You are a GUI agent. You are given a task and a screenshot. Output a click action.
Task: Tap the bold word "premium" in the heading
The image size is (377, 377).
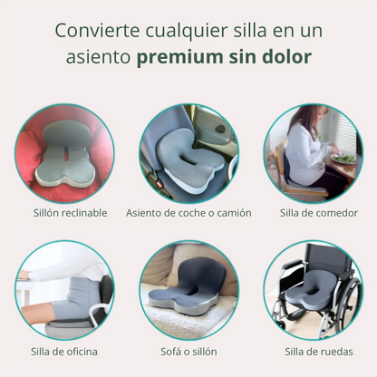tap(180, 57)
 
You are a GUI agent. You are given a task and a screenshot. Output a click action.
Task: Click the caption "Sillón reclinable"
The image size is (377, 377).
tap(71, 213)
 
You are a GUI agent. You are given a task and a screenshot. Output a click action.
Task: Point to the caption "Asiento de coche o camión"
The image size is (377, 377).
tap(188, 213)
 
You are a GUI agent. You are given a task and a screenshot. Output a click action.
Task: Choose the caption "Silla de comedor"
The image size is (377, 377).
tap(319, 213)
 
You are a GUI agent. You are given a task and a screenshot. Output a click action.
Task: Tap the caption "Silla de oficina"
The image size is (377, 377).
tap(64, 352)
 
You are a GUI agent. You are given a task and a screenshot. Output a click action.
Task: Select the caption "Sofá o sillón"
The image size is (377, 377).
tap(188, 352)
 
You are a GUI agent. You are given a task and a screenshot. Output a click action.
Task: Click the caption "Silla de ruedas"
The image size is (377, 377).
tap(319, 352)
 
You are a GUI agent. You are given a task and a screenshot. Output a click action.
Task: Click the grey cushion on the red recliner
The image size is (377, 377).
tap(64, 154)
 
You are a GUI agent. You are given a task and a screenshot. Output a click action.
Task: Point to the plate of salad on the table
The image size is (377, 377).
tap(343, 158)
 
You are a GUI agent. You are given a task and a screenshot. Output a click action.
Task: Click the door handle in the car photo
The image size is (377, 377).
tap(220, 129)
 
